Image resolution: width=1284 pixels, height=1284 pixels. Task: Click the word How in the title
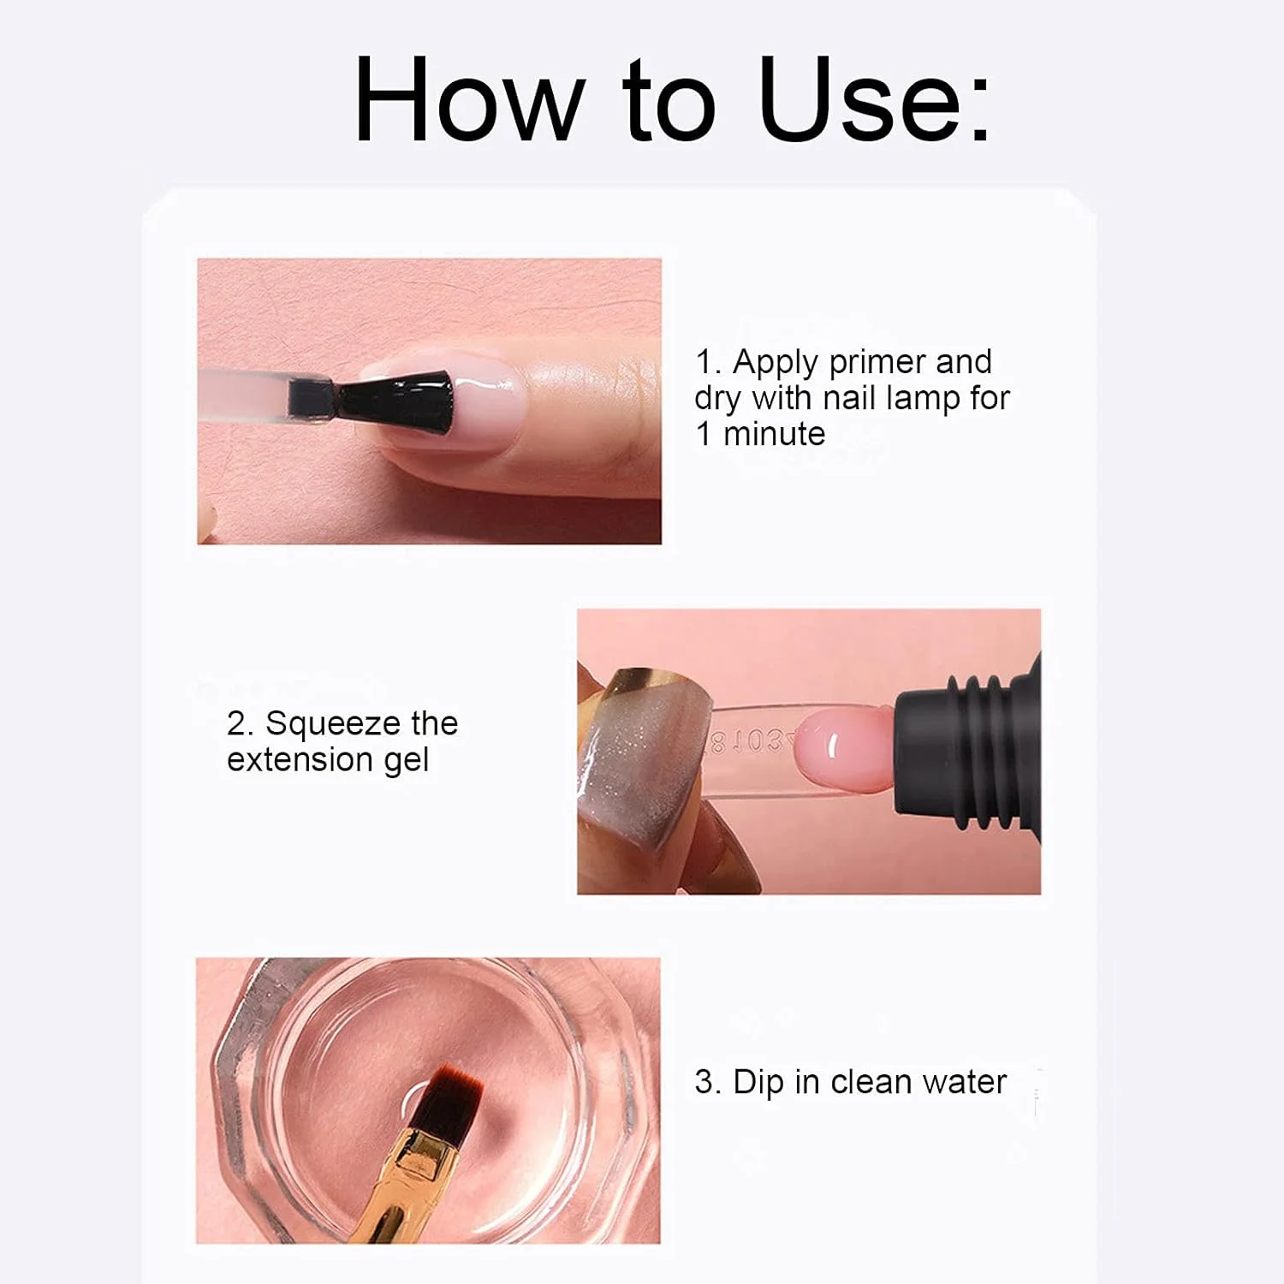(x=469, y=99)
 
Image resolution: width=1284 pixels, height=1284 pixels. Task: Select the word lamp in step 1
(x=924, y=399)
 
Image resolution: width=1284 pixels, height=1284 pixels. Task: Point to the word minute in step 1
(x=774, y=434)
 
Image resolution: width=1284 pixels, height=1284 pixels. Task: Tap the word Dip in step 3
(x=758, y=1083)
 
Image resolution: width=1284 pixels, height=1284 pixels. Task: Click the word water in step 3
(x=963, y=1083)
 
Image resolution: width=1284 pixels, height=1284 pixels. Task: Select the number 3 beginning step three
(x=704, y=1083)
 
